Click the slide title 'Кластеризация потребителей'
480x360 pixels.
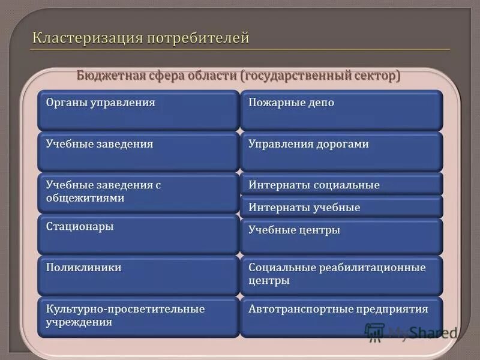pyautogui.click(x=140, y=39)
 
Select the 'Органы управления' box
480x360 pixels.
pyautogui.click(x=138, y=110)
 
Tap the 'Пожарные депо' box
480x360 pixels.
pyautogui.click(x=341, y=110)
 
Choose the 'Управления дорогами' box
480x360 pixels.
pyautogui.click(x=341, y=152)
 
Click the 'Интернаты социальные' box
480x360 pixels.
pyautogui.click(x=341, y=185)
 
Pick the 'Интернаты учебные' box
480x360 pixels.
pyautogui.click(x=341, y=208)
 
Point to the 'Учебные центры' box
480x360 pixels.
pyautogui.click(x=341, y=235)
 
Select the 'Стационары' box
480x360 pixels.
pyautogui.click(x=138, y=235)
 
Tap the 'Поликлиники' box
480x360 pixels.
pyautogui.click(x=138, y=275)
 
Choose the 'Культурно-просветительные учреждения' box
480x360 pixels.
pyautogui.click(x=138, y=316)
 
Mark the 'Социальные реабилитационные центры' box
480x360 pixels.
pyautogui.click(x=341, y=275)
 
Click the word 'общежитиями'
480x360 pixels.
pyautogui.click(x=85, y=198)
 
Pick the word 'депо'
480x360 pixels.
pyautogui.click(x=322, y=103)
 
